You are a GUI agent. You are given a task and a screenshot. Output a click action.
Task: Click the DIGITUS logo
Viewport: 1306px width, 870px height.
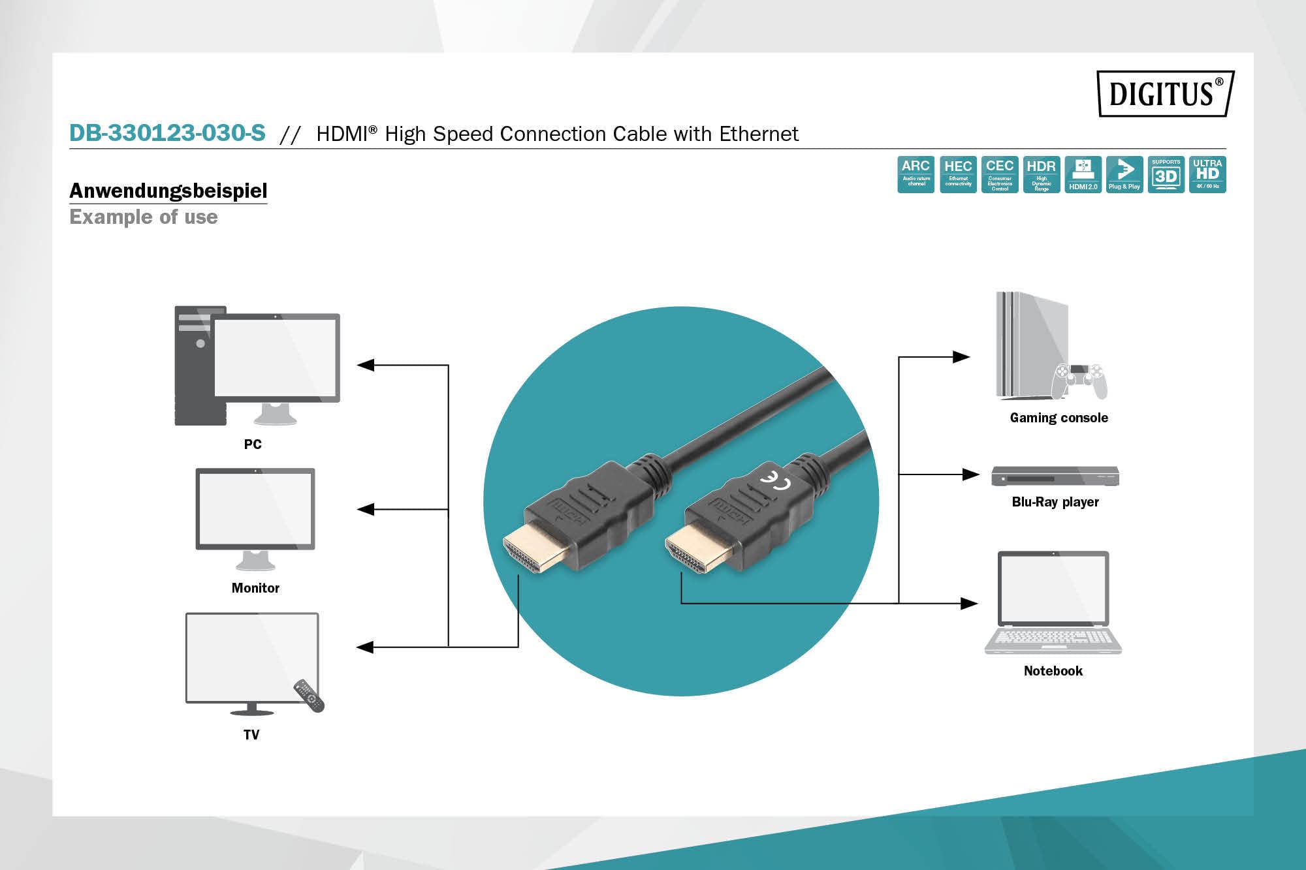pos(1165,93)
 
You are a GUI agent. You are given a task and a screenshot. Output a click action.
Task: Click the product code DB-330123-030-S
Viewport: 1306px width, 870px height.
pos(167,133)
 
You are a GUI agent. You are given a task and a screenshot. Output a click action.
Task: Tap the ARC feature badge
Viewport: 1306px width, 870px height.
pos(916,174)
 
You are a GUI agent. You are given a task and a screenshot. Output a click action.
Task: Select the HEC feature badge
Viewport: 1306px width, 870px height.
pos(958,174)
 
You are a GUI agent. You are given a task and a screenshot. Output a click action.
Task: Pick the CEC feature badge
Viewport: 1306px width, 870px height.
pos(999,174)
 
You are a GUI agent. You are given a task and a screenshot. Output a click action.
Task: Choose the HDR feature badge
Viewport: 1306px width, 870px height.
pos(1041,174)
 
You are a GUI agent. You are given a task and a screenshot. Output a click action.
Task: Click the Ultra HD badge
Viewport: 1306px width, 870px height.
pos(1207,174)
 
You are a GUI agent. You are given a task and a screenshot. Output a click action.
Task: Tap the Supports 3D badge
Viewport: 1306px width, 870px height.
pos(1166,174)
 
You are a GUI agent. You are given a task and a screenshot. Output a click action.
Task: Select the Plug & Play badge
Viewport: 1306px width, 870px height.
pos(1124,174)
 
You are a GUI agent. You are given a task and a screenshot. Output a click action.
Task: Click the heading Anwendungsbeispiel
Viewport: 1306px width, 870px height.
pos(168,191)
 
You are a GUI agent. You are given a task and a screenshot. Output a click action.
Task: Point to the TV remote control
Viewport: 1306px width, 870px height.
pos(308,696)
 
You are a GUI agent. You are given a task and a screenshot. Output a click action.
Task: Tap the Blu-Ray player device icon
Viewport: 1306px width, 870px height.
pos(1055,476)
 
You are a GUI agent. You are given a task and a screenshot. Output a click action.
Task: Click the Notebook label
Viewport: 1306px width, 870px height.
pos(1053,671)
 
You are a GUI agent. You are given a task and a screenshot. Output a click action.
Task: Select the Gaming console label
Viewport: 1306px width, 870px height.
pos(1059,418)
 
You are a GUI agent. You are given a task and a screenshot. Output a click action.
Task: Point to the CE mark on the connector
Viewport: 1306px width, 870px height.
pos(775,480)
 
